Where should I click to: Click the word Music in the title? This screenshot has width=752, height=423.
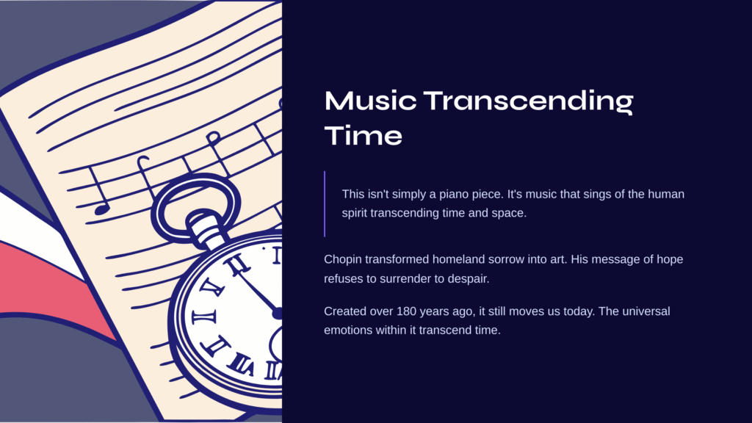pos(370,101)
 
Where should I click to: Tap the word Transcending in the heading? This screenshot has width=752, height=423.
pos(529,102)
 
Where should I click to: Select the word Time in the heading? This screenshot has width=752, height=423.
pos(363,136)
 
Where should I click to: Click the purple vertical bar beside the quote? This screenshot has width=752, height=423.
pos(325,204)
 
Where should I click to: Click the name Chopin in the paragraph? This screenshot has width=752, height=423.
pos(343,260)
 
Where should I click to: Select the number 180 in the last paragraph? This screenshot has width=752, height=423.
pos(406,311)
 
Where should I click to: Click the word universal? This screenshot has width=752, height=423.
pos(646,311)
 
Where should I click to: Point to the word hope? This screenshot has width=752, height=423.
pos(670,260)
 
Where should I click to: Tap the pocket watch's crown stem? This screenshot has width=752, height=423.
pos(208,229)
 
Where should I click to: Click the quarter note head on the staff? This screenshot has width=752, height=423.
pos(101,209)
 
